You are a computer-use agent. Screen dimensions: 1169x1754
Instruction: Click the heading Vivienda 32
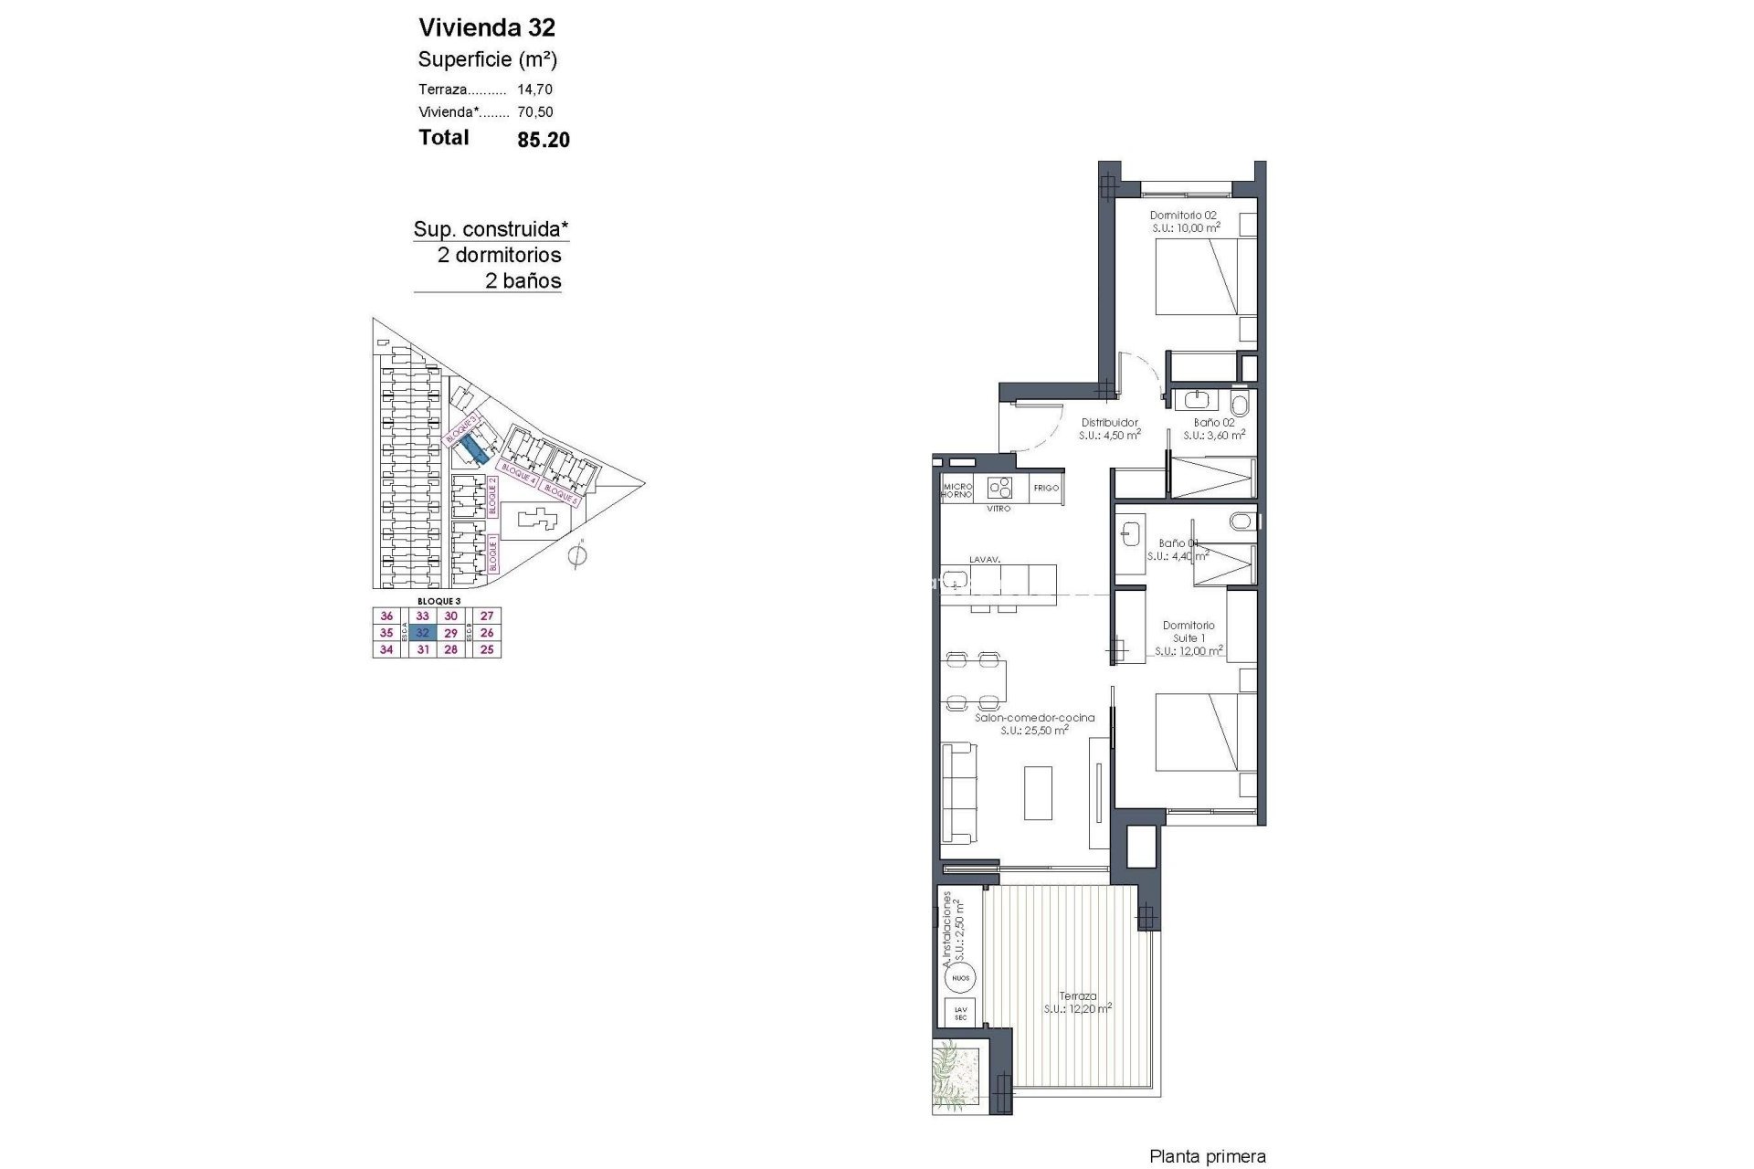[x=486, y=27]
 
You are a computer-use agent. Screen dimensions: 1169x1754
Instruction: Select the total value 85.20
[x=543, y=139]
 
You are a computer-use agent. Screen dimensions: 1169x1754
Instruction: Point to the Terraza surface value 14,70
[x=534, y=90]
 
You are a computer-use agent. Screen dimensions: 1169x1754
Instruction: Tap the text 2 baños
[x=523, y=281]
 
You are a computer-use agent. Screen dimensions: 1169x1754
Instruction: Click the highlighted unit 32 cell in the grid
[x=422, y=633]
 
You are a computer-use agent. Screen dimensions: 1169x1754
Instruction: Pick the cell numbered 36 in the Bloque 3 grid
[x=386, y=616]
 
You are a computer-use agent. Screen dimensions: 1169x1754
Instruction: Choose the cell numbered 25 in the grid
[x=487, y=649]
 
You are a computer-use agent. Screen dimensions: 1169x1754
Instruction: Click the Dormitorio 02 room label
[x=1183, y=216]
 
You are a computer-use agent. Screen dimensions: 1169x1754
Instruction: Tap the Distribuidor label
[x=1109, y=423]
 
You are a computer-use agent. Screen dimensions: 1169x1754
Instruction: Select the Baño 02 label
[x=1213, y=423]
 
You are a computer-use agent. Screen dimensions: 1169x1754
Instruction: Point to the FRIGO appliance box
[x=1046, y=488]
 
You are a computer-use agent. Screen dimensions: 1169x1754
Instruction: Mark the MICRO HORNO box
[x=956, y=489]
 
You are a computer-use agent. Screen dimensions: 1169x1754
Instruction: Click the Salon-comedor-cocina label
[x=1034, y=718]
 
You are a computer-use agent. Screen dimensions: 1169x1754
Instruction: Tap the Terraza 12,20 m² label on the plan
[x=1078, y=997]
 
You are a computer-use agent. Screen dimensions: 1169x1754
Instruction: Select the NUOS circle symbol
[x=960, y=978]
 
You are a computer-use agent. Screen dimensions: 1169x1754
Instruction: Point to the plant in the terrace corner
[x=956, y=1078]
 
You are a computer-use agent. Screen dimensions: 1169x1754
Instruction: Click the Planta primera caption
[x=1207, y=1157]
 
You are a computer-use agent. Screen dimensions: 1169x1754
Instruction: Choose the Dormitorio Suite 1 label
[x=1189, y=632]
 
